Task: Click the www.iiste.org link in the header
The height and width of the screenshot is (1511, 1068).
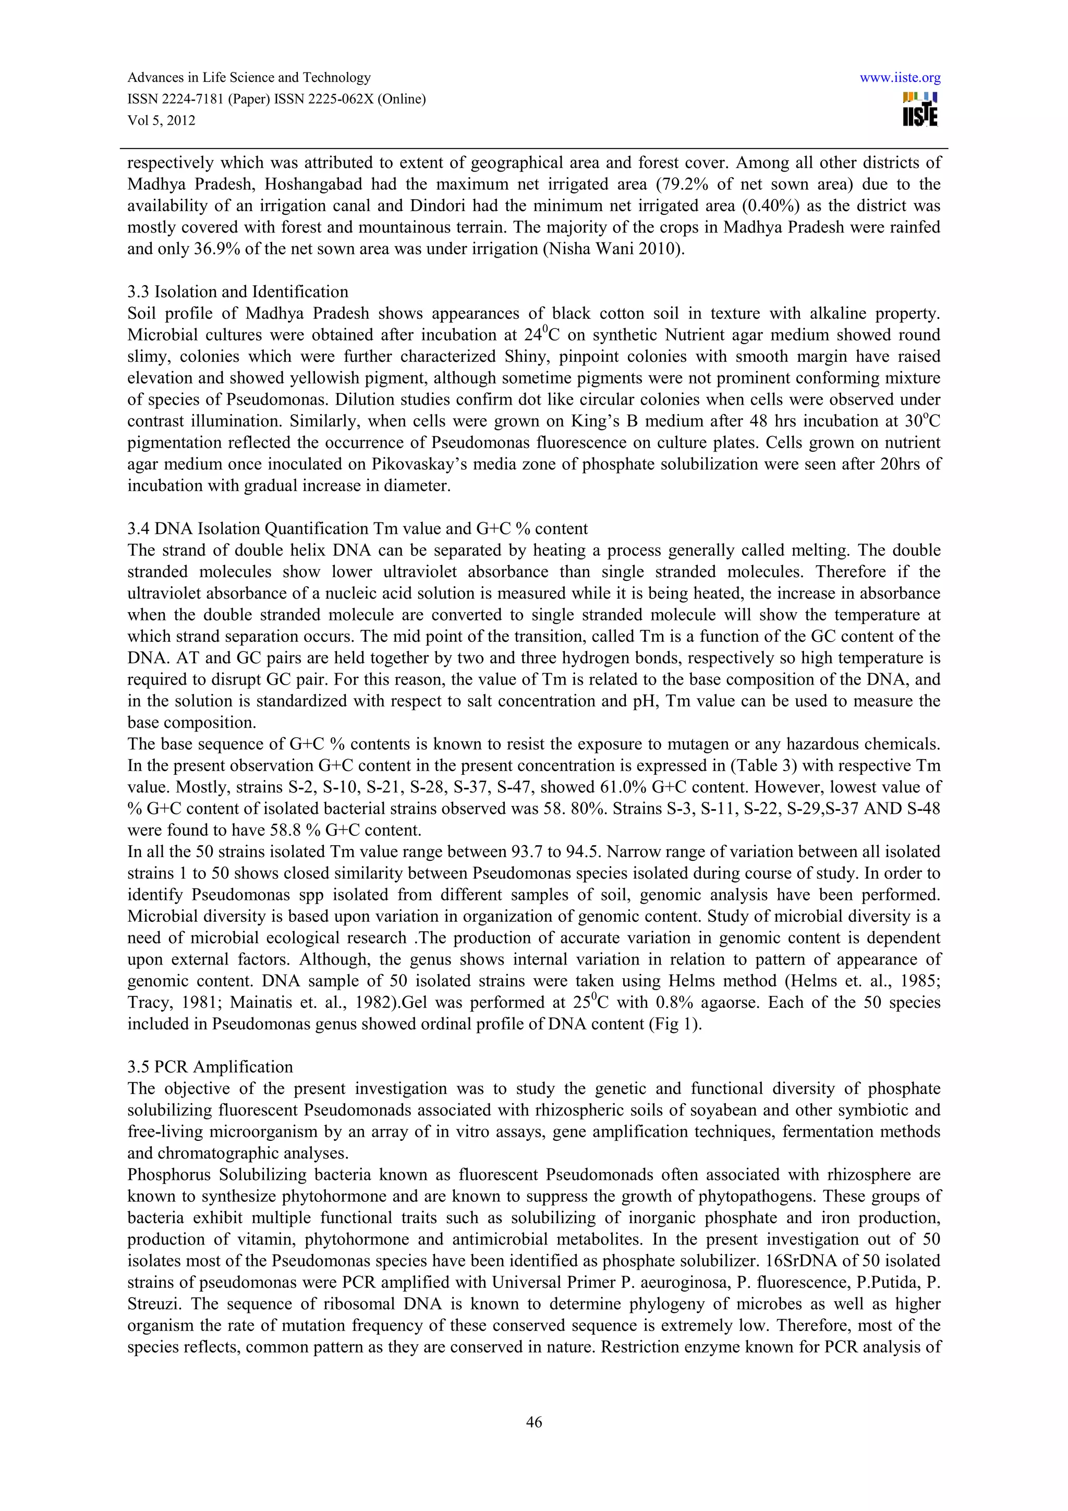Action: click(900, 78)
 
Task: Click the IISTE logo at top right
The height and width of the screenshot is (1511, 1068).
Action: click(920, 109)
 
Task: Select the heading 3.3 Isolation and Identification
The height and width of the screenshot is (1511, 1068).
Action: click(238, 291)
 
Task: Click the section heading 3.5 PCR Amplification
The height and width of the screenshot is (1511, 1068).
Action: click(210, 1067)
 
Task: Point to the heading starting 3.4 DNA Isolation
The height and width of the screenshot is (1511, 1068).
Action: click(357, 529)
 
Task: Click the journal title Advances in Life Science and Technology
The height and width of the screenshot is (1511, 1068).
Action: click(249, 78)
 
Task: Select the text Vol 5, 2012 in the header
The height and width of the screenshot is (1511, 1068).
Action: click(161, 120)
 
